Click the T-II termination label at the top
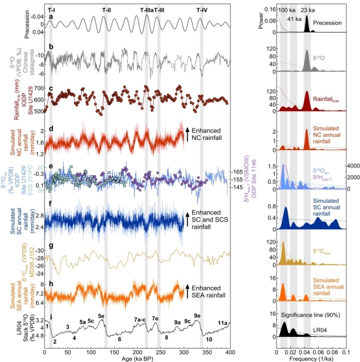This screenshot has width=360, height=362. (106, 10)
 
